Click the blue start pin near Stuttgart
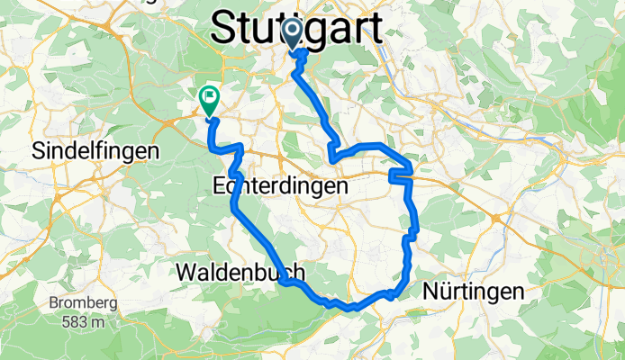[x=293, y=34]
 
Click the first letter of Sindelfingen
[x=37, y=151]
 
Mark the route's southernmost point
[x=355, y=309]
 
